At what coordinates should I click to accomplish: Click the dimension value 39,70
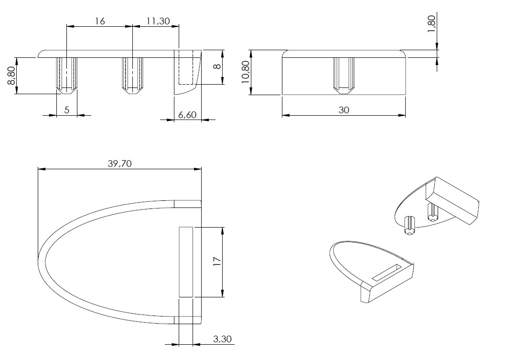coord(119,164)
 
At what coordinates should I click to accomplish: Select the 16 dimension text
coord(99,22)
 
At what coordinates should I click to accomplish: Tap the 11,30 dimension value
coord(158,22)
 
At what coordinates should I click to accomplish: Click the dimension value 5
coord(66,110)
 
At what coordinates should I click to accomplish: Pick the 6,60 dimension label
coord(187,115)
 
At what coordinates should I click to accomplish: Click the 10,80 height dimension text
coord(246,72)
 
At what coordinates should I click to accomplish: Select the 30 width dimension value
coord(344,110)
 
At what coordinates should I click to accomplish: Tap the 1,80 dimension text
coord(431,24)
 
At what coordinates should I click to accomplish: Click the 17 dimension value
coord(217,262)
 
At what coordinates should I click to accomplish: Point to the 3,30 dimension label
coord(223,339)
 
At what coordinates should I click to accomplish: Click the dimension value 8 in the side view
coord(217,66)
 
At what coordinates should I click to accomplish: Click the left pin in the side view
coord(66,76)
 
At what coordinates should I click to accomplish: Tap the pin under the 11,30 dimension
coord(132,76)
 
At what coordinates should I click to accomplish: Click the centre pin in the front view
coord(344,76)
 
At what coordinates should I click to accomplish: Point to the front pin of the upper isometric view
coord(409,225)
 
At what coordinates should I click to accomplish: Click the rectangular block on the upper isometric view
coord(452,200)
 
